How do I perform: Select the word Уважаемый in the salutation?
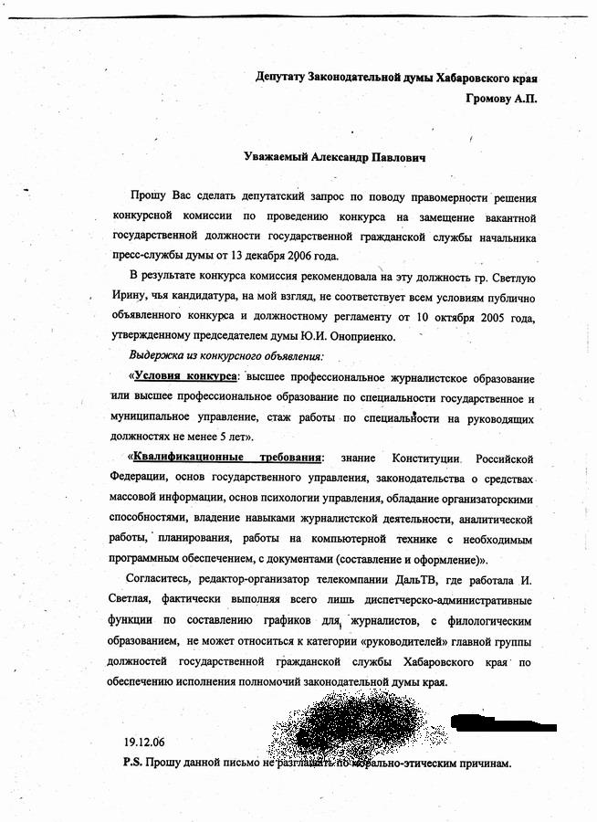(278, 159)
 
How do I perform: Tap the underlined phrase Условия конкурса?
(186, 377)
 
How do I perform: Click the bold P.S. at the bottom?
(130, 762)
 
